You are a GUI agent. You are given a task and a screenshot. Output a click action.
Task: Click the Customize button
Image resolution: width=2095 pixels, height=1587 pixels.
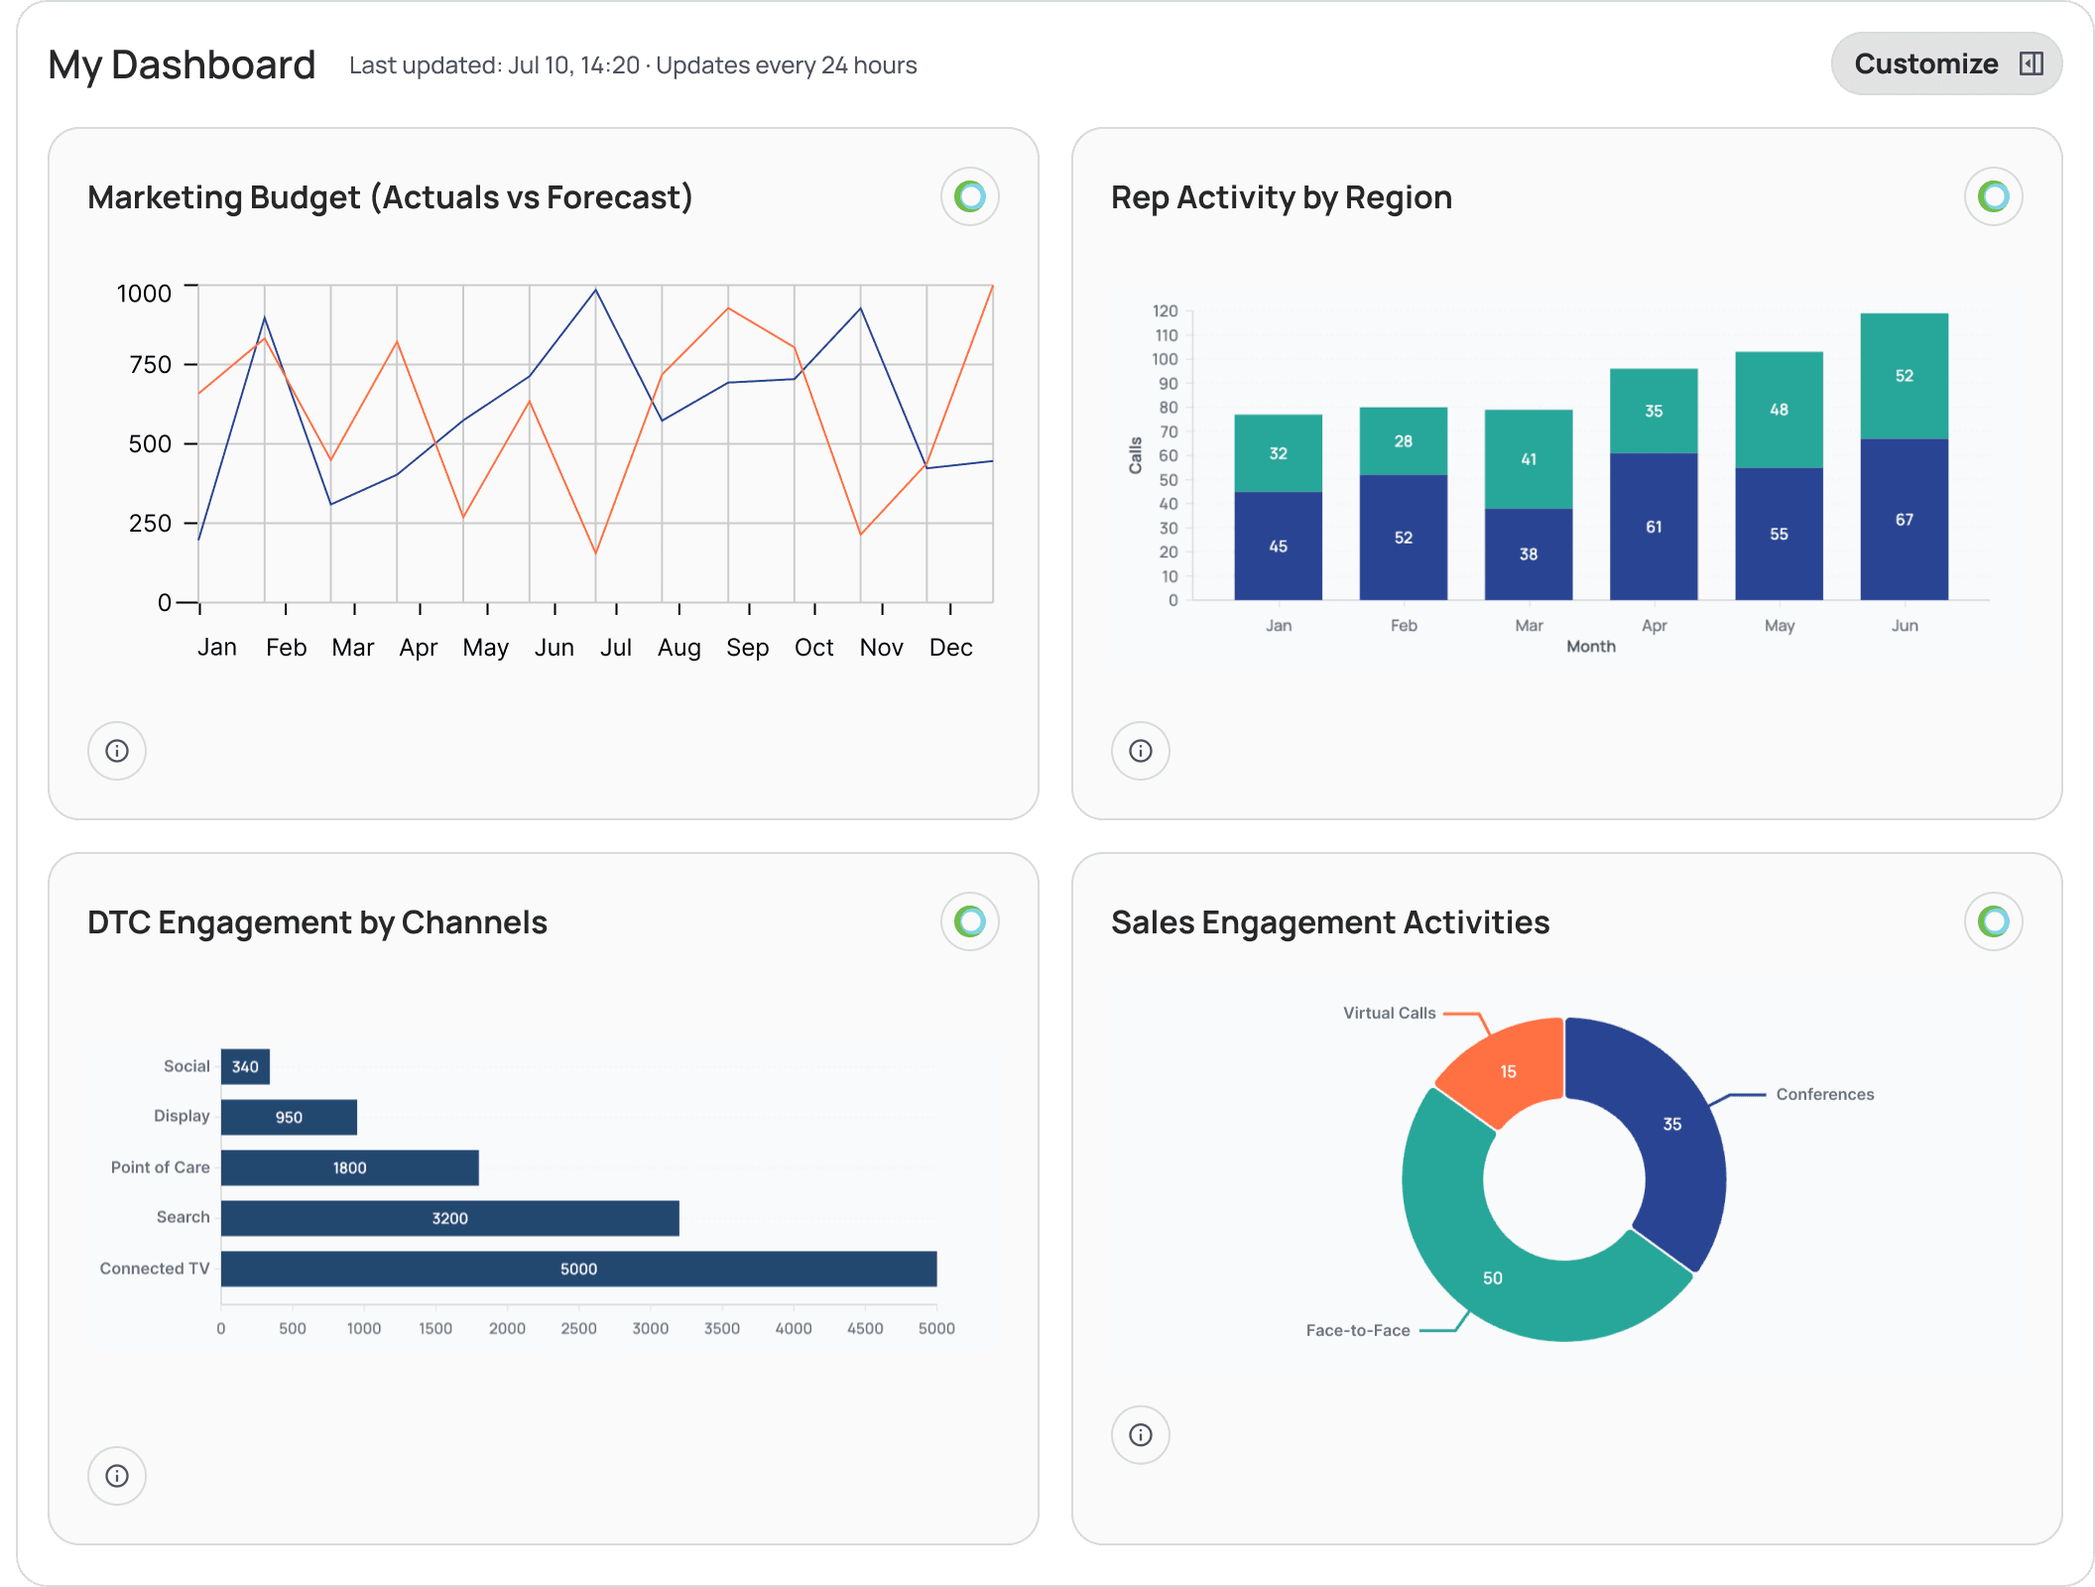point(1945,64)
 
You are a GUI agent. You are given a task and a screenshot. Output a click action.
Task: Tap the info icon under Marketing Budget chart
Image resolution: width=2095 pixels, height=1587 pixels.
point(117,751)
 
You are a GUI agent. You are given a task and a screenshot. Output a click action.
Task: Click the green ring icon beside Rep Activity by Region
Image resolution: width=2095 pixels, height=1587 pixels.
point(1993,196)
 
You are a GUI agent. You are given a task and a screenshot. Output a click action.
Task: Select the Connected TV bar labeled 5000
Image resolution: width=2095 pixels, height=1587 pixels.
point(578,1269)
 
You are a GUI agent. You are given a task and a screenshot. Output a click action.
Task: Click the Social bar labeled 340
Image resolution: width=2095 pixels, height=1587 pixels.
point(245,1066)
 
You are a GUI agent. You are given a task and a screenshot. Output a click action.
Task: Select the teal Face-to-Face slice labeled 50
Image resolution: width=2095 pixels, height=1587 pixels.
point(1494,1277)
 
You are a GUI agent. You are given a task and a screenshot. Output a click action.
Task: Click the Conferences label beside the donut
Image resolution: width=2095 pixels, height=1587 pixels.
point(1824,1094)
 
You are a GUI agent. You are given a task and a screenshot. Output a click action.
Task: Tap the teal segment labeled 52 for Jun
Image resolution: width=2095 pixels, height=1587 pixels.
point(1904,376)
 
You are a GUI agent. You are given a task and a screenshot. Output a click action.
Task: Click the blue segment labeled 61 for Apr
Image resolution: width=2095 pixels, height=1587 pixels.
point(1653,527)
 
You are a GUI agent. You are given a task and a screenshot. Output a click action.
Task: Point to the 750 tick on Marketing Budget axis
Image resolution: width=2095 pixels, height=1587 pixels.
point(151,365)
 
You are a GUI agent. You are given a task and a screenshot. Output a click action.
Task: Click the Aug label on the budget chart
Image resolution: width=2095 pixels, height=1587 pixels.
point(678,648)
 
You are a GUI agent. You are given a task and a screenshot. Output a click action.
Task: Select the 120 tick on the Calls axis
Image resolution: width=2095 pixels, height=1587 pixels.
point(1165,311)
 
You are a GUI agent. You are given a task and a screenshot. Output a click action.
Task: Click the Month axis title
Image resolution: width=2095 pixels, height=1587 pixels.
point(1590,647)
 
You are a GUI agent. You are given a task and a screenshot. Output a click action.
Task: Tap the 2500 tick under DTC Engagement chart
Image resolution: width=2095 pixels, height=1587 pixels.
point(578,1328)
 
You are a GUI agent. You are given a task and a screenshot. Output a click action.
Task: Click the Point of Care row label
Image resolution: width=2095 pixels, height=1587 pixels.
point(160,1167)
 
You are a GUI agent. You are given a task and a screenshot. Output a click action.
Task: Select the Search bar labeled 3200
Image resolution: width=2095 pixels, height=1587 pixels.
point(449,1218)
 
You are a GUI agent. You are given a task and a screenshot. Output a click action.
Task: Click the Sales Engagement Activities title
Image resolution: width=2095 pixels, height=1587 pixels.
point(1329,922)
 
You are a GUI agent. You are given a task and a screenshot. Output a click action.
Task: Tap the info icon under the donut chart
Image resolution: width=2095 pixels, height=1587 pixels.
point(1141,1435)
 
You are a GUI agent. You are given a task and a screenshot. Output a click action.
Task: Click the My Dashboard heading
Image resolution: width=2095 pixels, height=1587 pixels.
point(182,65)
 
